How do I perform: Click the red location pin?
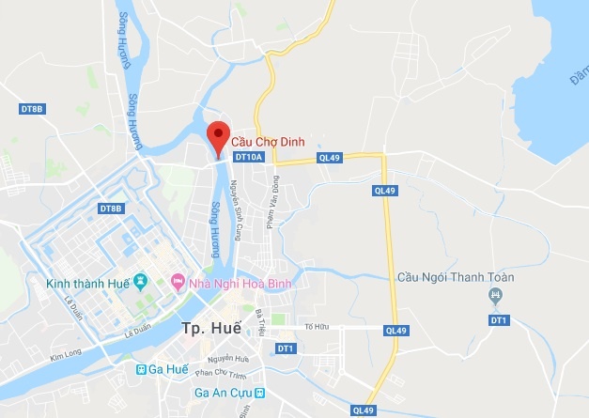pyautogui.click(x=218, y=137)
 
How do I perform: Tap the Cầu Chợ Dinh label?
pyautogui.click(x=271, y=144)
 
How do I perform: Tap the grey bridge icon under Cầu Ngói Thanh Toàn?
pyautogui.click(x=494, y=297)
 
